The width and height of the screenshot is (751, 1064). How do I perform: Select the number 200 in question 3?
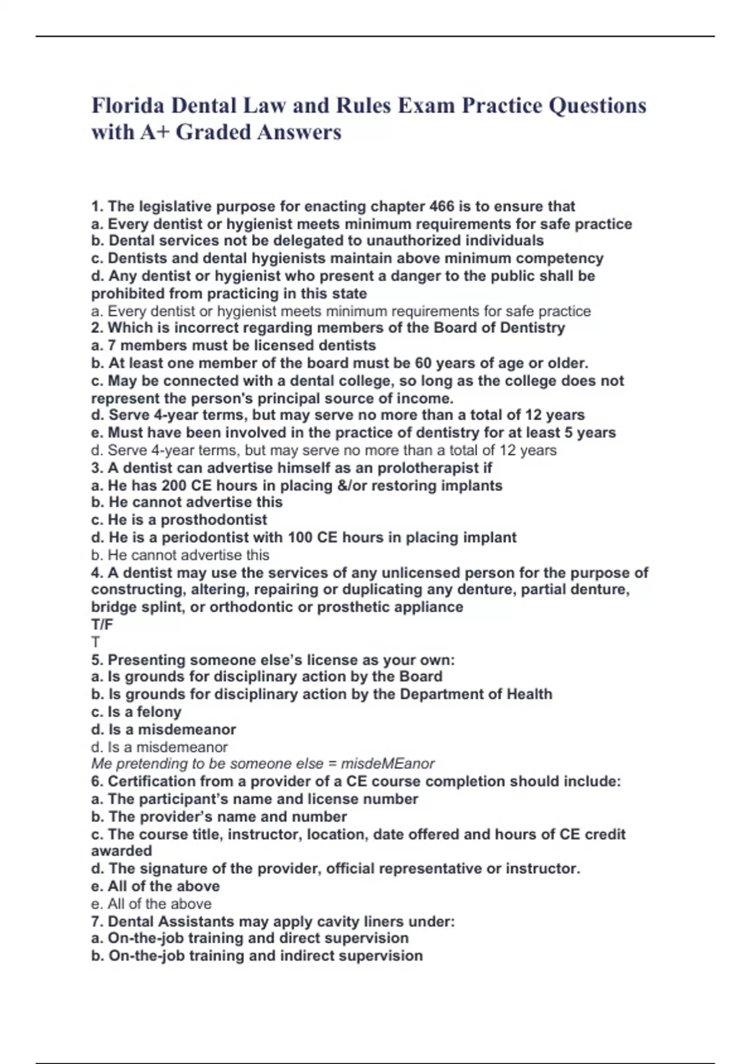tap(173, 486)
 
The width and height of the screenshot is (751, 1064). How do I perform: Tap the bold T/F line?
tap(102, 624)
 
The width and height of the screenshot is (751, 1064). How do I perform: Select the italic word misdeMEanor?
tap(387, 764)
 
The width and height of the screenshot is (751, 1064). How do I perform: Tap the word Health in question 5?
tap(529, 694)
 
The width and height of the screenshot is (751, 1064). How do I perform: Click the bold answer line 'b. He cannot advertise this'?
tap(186, 502)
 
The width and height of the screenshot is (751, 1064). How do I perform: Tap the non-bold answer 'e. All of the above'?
tap(151, 904)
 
